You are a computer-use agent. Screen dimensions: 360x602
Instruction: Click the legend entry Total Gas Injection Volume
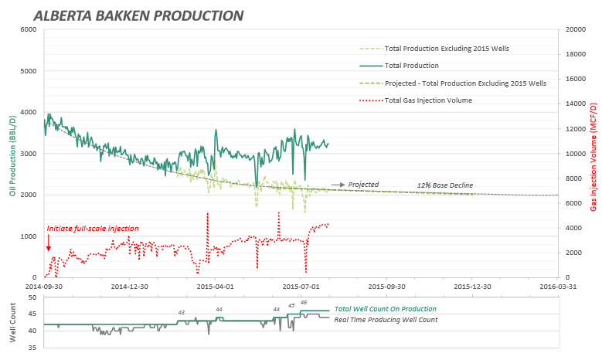(x=428, y=100)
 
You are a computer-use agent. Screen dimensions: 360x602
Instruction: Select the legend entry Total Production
(x=411, y=66)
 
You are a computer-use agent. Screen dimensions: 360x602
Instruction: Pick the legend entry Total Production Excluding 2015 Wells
(x=446, y=49)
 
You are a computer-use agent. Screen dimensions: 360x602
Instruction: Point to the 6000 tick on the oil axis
(x=28, y=29)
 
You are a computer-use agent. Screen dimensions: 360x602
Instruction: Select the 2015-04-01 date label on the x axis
(x=215, y=285)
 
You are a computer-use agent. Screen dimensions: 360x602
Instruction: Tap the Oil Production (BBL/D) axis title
(x=13, y=155)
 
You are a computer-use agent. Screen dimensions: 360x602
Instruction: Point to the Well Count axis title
(x=13, y=324)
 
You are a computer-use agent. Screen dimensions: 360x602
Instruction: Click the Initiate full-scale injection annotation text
(x=93, y=229)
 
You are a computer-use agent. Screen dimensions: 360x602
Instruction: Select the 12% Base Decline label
(x=444, y=185)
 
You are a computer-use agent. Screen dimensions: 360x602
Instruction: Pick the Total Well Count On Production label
(x=384, y=309)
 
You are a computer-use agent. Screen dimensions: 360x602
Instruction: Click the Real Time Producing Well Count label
(x=386, y=319)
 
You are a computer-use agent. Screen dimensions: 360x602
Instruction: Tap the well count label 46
(x=304, y=302)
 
